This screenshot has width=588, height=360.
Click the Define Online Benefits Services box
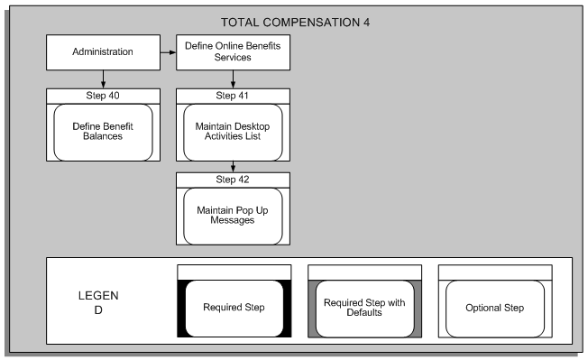pyautogui.click(x=234, y=52)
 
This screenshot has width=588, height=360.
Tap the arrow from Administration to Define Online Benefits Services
pyautogui.click(x=167, y=53)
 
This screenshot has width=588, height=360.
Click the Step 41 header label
pyautogui.click(x=234, y=93)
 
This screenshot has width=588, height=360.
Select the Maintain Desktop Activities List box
pyautogui.click(x=234, y=131)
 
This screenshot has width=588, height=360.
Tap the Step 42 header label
pyautogui.click(x=234, y=179)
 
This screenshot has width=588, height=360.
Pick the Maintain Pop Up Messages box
pyautogui.click(x=234, y=216)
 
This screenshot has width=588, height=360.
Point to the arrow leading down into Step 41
pyautogui.click(x=234, y=78)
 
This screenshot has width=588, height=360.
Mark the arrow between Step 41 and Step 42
pyautogui.click(x=234, y=166)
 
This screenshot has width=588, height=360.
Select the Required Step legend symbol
pyautogui.click(x=234, y=308)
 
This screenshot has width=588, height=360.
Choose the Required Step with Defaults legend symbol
pyautogui.click(x=364, y=308)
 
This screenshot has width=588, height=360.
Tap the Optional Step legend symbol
pyautogui.click(x=494, y=308)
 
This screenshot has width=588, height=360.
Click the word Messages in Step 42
pyautogui.click(x=234, y=222)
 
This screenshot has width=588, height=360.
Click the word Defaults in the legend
pyautogui.click(x=364, y=314)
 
